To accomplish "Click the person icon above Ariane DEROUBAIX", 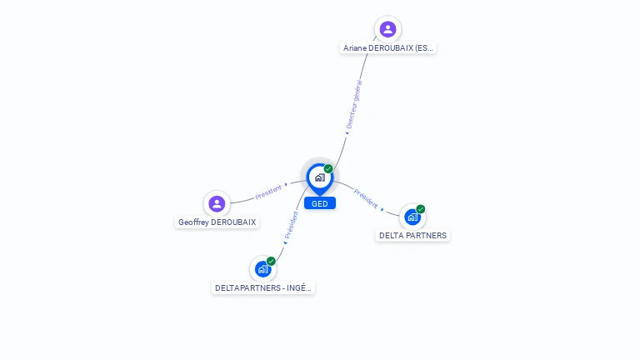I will pos(387,29).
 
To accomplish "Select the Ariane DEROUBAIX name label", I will pos(388,48).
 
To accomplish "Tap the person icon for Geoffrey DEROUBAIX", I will pos(217,203).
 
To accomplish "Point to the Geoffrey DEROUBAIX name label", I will pos(217,222).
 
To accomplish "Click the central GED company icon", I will pos(319,177).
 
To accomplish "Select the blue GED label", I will pos(319,203).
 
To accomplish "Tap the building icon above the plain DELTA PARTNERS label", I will pos(412,217).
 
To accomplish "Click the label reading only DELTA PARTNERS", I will pos(412,236).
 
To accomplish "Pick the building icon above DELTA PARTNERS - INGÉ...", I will pos(262,269).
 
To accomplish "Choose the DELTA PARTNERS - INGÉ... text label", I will pos(264,288).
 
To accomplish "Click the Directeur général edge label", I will pos(354,104).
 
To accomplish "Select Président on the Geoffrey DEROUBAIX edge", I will pos(268,192).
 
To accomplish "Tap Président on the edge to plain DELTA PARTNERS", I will pos(365,198).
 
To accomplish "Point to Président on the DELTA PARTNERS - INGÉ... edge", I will pos(292,225).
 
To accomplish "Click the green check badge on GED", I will pos(328,169).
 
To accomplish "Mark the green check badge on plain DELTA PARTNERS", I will pos(421,209).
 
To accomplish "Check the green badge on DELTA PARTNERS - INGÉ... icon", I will pos(271,261).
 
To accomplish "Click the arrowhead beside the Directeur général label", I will pos(347,132).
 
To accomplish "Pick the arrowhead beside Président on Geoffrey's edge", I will pos(286,184).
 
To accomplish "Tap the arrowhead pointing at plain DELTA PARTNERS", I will pos(382,210).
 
